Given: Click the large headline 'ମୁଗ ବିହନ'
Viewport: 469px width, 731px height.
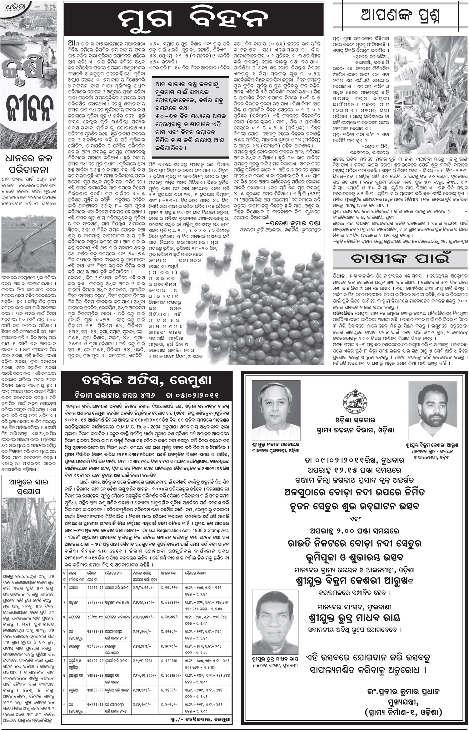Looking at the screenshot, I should click(x=193, y=19).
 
